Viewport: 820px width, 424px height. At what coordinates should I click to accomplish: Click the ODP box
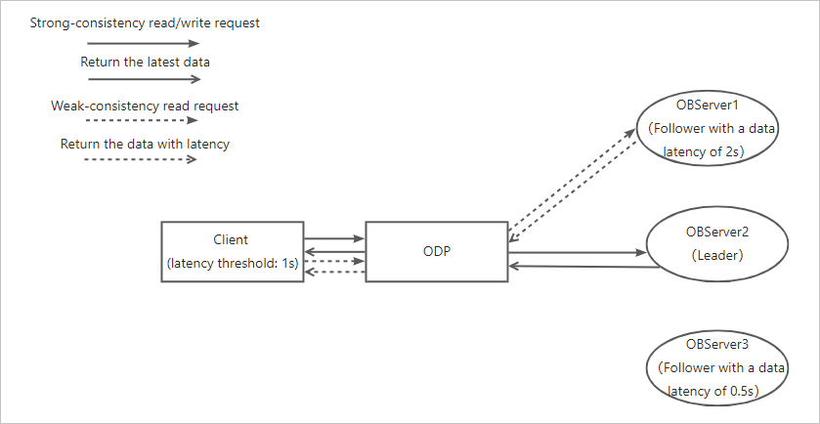click(x=435, y=252)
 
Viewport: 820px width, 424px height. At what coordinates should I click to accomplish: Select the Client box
click(x=232, y=252)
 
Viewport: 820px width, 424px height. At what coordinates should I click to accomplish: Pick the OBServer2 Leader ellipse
click(x=717, y=243)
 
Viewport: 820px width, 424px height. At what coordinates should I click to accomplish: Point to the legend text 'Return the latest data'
click(x=145, y=63)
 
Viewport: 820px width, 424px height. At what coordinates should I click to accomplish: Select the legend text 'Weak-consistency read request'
click(x=145, y=105)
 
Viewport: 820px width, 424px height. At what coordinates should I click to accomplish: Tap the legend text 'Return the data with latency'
click(x=145, y=144)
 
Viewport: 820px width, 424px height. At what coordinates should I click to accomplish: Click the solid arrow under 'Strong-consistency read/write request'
click(x=143, y=43)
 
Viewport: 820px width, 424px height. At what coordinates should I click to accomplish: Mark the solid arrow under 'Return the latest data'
click(x=143, y=81)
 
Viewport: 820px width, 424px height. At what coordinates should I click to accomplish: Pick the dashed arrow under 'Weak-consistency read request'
click(x=143, y=121)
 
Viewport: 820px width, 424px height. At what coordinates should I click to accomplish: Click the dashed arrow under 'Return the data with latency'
click(x=143, y=159)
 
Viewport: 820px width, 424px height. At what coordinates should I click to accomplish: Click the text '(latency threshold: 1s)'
click(x=232, y=264)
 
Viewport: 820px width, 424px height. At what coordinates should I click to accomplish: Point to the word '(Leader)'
click(x=717, y=255)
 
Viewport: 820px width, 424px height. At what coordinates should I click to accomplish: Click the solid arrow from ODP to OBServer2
click(x=577, y=253)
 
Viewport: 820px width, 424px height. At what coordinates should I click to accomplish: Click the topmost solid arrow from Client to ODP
click(x=334, y=238)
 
